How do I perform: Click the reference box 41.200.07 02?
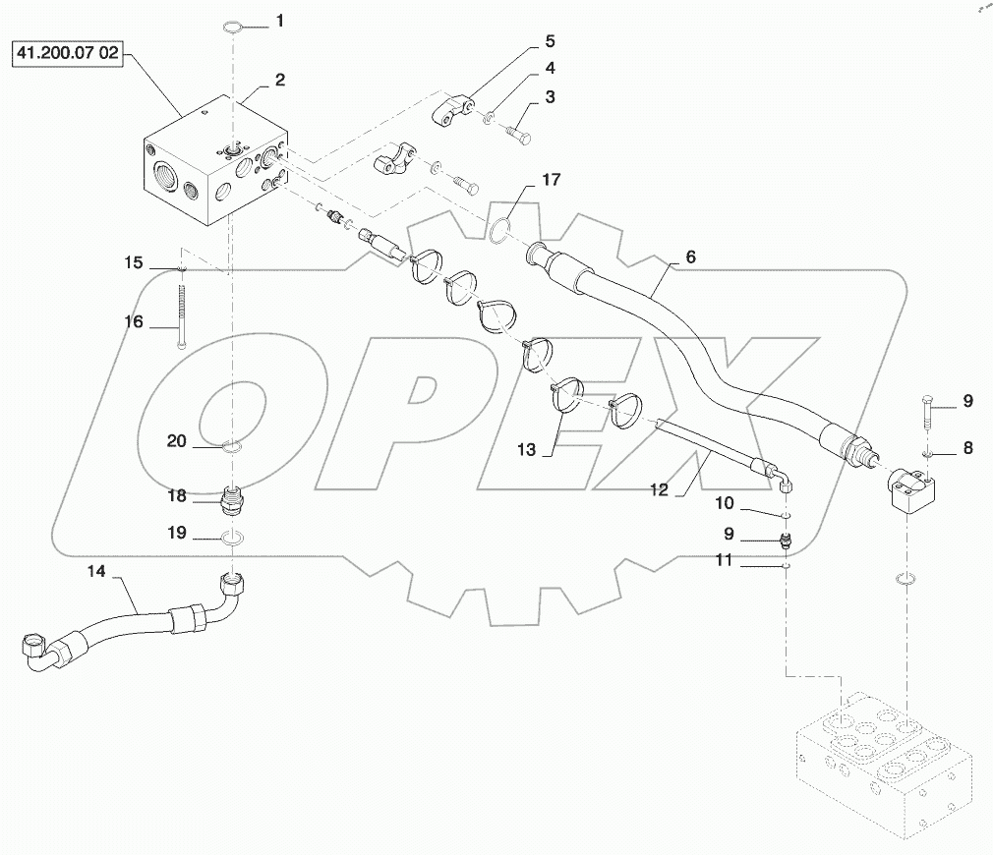pos(65,54)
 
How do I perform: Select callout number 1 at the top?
pos(279,20)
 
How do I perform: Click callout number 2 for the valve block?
pos(279,81)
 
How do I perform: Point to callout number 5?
pos(550,41)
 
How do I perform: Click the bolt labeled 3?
pos(519,131)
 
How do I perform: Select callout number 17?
pos(551,180)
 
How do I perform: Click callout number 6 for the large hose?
pos(689,256)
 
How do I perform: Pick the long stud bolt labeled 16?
pos(183,313)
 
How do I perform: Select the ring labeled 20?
pos(232,448)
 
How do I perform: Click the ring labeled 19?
pos(232,538)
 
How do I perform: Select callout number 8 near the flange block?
pos(967,448)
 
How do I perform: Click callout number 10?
pos(751,504)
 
